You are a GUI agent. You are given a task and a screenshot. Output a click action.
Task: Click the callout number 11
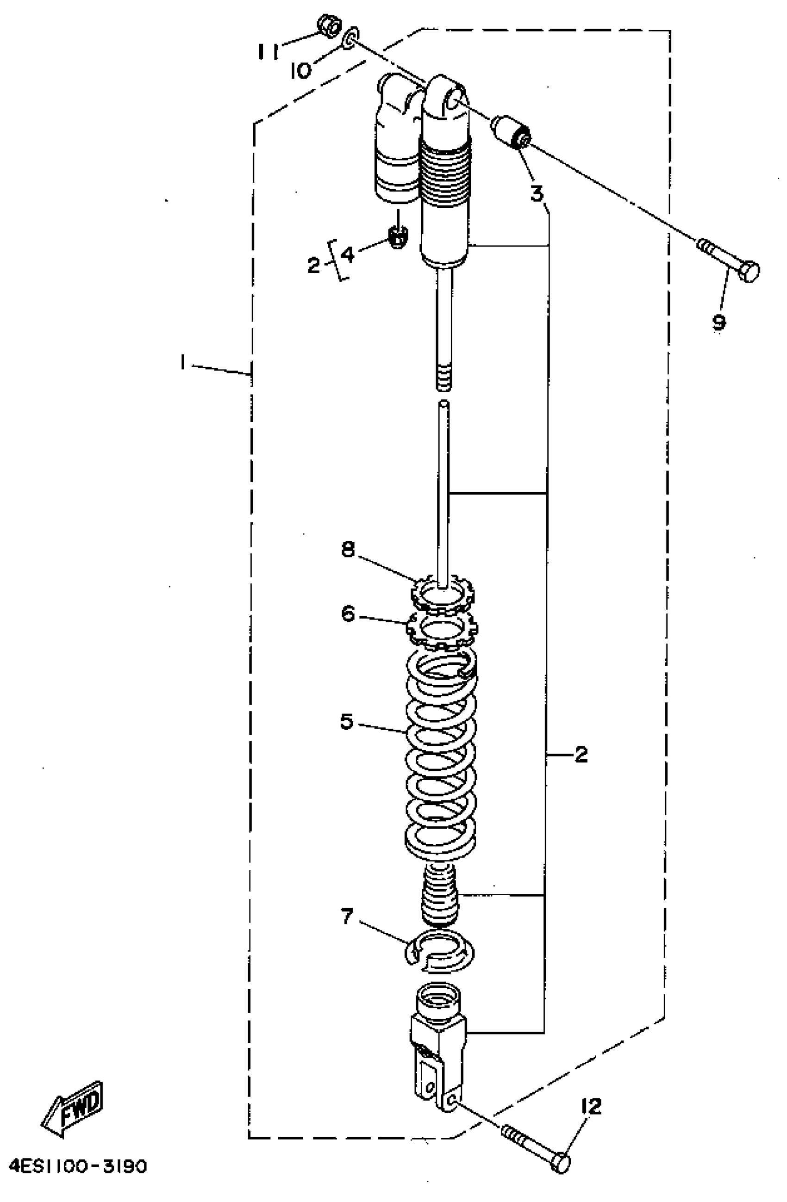(268, 51)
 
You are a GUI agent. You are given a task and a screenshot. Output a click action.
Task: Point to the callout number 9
(718, 321)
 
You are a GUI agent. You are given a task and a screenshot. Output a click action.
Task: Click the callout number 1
(182, 362)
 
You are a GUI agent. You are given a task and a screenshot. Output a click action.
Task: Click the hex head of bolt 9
(749, 271)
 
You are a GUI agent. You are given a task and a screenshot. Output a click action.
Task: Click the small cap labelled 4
(398, 236)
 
